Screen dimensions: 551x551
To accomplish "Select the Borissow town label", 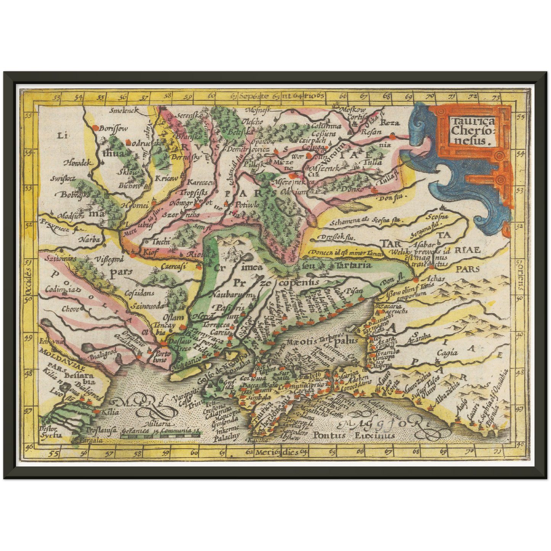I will click(113, 129).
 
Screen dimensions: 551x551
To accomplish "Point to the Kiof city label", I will click(149, 252).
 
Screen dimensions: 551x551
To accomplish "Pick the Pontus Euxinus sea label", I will click(353, 435).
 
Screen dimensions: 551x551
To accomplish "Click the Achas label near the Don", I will click(434, 279).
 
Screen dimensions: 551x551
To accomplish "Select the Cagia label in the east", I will click(447, 352).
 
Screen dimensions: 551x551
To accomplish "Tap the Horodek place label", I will click(78, 162).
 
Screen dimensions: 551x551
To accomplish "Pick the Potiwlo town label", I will click(247, 205).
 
